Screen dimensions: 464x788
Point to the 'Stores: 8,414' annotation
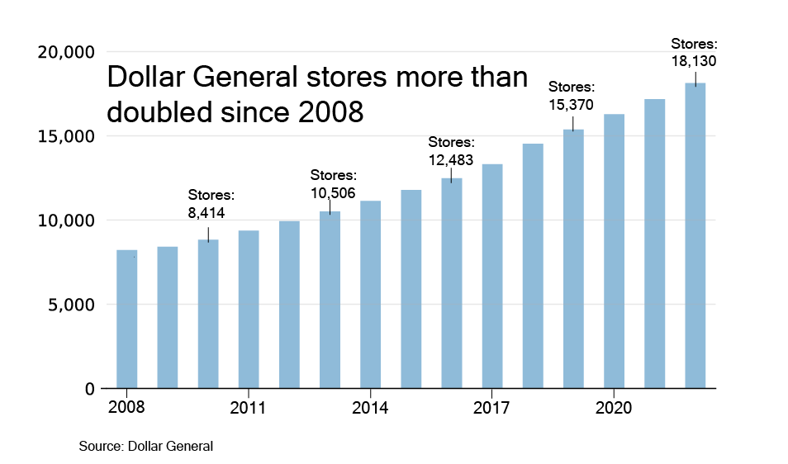pos(211,204)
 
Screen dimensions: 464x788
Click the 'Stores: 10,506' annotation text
pos(334,183)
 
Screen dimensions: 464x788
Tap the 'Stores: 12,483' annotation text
pos(451,152)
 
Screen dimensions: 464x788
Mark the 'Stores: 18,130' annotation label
pos(694,52)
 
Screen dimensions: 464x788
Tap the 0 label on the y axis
pos(90,389)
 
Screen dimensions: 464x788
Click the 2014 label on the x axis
pos(369,408)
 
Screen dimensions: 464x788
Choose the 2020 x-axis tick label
pos(614,408)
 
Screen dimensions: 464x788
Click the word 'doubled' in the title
pos(159,111)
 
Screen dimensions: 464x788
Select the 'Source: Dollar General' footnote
pos(146,446)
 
